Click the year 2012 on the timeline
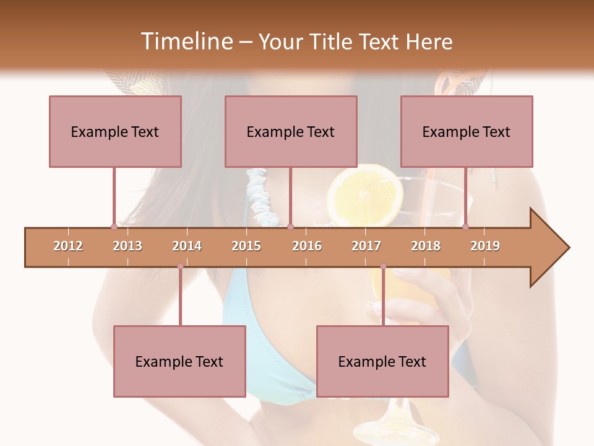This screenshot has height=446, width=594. coord(68,247)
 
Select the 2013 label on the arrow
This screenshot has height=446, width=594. coord(127,247)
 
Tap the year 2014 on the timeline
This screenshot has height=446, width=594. coord(187,247)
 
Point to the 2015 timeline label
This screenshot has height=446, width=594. coord(246,247)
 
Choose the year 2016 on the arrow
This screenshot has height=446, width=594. coord(307,247)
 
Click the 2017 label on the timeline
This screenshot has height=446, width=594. coord(366,247)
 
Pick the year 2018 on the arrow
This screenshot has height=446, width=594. coord(426,247)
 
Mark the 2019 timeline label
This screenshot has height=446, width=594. coord(485,247)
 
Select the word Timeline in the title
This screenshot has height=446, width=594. coord(185,42)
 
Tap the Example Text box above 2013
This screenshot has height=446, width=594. coord(115,131)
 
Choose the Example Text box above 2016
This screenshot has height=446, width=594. coord(291,131)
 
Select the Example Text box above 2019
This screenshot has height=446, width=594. coord(467,131)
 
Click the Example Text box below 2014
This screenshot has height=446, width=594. coord(179,361)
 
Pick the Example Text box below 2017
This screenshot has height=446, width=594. coord(382,361)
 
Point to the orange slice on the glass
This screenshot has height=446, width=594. coord(365,195)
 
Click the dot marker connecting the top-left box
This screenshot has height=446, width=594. coord(114,227)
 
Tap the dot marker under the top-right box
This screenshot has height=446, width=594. coord(465,227)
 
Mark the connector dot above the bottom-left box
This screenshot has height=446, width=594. coord(180,266)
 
